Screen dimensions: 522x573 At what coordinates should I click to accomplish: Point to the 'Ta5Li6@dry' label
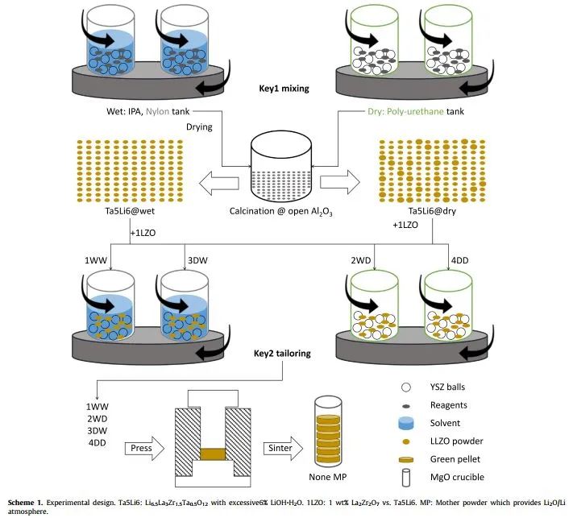coord(432,212)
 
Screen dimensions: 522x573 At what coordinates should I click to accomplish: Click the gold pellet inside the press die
coord(212,454)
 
